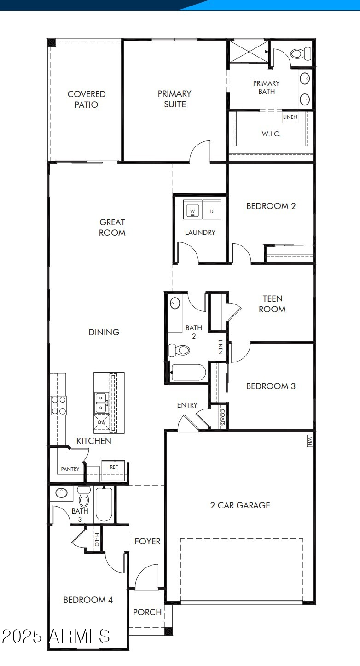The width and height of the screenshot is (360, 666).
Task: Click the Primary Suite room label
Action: [x=174, y=99]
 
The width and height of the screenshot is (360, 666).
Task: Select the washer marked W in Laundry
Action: [x=192, y=211]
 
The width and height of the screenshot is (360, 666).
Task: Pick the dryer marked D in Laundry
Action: [x=212, y=211]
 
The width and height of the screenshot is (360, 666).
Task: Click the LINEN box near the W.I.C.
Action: [x=290, y=117]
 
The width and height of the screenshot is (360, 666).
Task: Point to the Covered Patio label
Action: [x=87, y=99]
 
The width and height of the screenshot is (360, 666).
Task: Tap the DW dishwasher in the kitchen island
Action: [x=101, y=422]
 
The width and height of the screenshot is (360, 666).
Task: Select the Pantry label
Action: [x=70, y=469]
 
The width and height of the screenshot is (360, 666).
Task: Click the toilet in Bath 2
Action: [x=180, y=351]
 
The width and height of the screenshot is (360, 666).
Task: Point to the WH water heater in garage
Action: [x=309, y=441]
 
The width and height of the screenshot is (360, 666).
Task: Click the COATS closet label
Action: [x=223, y=417]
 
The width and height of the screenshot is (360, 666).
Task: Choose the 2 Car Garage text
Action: [x=240, y=505]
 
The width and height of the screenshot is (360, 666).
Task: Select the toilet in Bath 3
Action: [x=84, y=497]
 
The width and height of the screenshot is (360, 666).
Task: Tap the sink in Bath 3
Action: [x=61, y=493]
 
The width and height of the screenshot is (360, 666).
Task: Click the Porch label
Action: [x=147, y=612]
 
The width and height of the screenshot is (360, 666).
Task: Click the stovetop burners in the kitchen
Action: [x=58, y=405]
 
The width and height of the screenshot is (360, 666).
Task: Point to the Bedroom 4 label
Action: [x=88, y=600]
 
